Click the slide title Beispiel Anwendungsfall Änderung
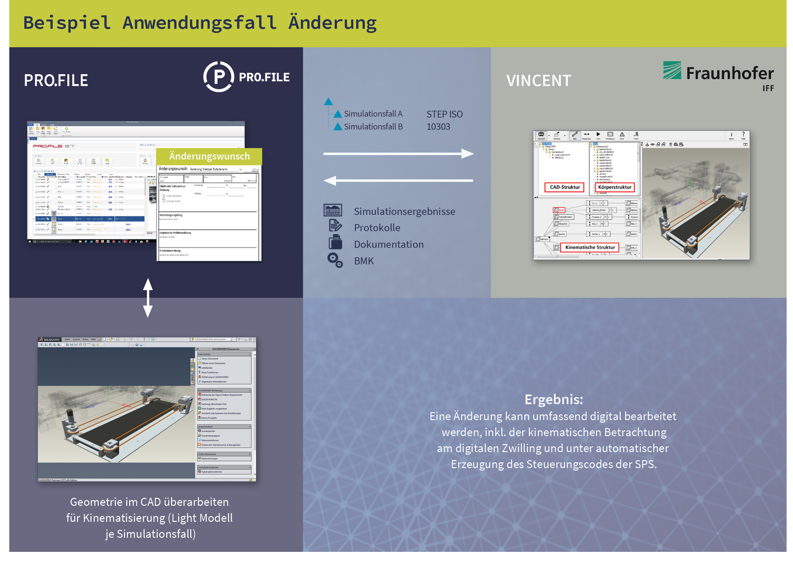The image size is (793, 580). [x=200, y=23]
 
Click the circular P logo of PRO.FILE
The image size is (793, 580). [x=218, y=76]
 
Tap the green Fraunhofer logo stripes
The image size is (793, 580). [x=671, y=70]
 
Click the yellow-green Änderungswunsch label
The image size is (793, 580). [x=209, y=156]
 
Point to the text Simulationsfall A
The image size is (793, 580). [x=373, y=114]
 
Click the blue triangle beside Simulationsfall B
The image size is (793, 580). [x=337, y=126]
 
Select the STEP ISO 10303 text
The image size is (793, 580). [x=444, y=120]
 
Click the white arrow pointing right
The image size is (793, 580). [x=398, y=153]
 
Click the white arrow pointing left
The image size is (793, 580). [x=398, y=180]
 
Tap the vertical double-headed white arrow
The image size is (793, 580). [x=148, y=298]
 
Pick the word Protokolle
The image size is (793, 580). [x=377, y=228]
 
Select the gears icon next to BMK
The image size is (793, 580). [x=334, y=260]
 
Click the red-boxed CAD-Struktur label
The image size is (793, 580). [x=564, y=187]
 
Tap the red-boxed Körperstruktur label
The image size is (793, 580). [x=614, y=187]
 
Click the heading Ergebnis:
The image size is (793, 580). [x=553, y=399]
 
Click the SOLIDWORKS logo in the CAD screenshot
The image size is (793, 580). [x=50, y=340]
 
